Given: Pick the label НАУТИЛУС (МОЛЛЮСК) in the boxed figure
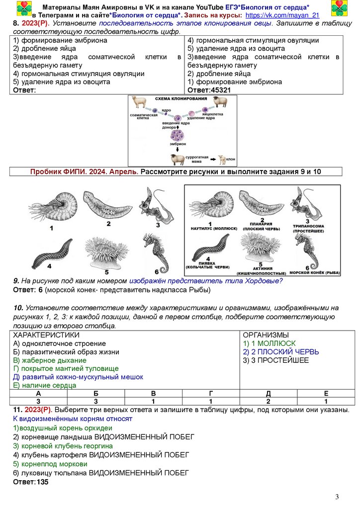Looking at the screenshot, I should (x=210, y=228).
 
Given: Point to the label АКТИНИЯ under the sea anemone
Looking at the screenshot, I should (x=257, y=269).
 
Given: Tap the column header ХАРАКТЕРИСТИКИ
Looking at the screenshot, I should (x=46, y=335).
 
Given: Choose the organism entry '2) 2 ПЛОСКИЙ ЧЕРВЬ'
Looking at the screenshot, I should (x=281, y=352).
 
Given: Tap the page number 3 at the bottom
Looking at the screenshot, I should (x=337, y=497).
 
